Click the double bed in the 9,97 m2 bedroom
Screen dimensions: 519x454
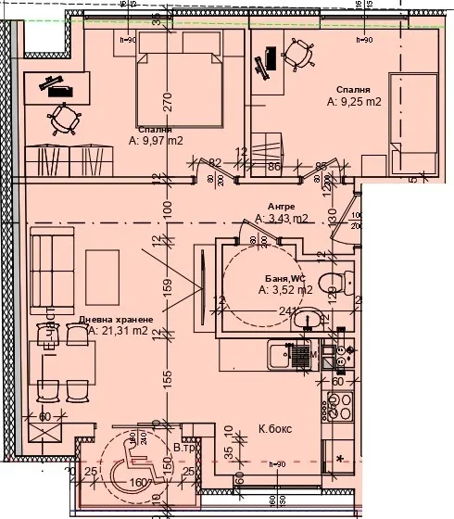click(181, 88)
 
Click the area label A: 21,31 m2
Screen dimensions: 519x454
click(118, 330)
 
